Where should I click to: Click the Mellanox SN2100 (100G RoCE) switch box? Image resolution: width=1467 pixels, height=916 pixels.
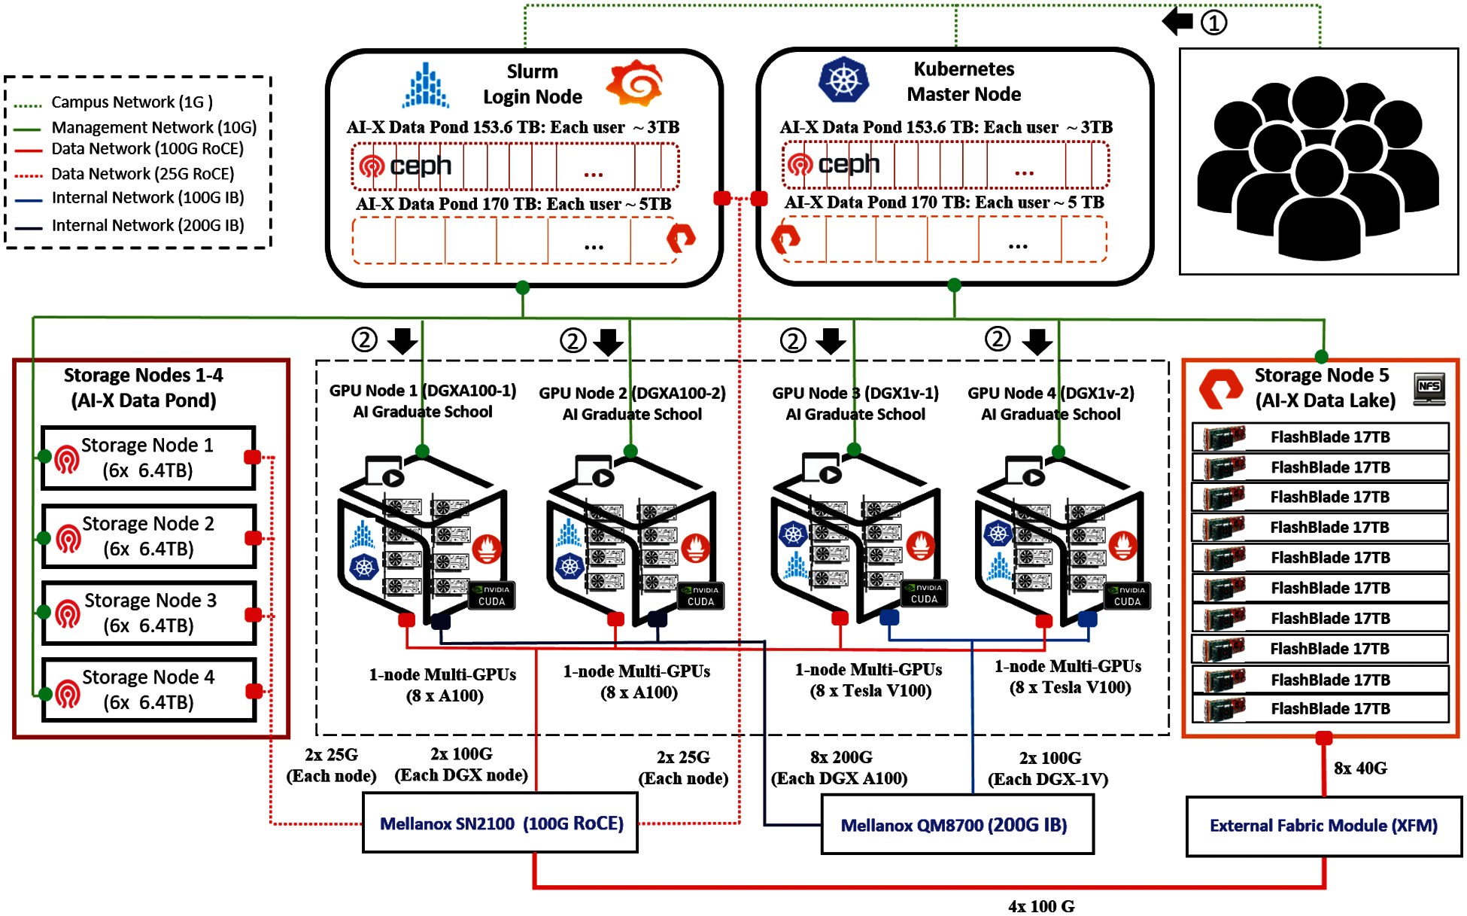point(500,823)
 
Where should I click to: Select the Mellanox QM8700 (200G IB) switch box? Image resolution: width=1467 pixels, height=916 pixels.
point(956,825)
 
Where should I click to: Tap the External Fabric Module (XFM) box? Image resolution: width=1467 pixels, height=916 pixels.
point(1323,826)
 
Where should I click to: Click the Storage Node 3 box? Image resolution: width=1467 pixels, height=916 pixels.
point(149,613)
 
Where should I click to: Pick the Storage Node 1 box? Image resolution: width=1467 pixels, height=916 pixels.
point(148,458)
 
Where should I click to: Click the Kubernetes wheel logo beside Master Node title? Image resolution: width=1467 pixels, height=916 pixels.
point(843,80)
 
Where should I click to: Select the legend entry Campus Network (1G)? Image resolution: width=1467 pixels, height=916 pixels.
point(132,102)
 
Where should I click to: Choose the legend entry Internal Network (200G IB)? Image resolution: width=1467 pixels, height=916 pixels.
point(147,226)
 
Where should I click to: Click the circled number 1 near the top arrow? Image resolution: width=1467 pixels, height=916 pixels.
point(1213,23)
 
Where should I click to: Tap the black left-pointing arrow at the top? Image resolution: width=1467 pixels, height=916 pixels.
point(1178,21)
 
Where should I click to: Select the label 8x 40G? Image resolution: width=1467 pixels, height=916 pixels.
point(1360,768)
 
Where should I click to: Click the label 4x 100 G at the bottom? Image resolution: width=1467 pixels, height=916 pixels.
point(1041,906)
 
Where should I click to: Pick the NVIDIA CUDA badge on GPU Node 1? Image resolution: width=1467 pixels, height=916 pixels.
point(492,595)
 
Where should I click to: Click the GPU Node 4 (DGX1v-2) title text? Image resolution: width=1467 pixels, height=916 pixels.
point(1051,393)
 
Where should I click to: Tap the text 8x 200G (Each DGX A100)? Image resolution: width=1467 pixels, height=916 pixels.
point(840,768)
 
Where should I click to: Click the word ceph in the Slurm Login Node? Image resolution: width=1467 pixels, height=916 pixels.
point(421,166)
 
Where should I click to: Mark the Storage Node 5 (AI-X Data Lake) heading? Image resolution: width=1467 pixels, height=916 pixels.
point(1324,388)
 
